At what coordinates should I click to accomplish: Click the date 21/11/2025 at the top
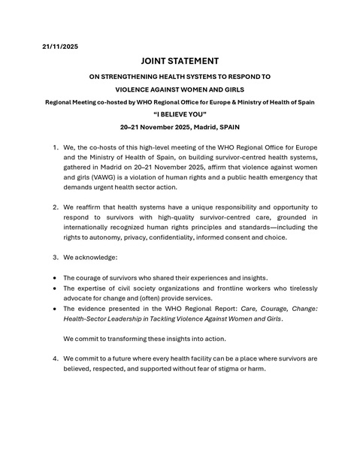coord(59,46)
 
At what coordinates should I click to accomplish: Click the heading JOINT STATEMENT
coord(180,61)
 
